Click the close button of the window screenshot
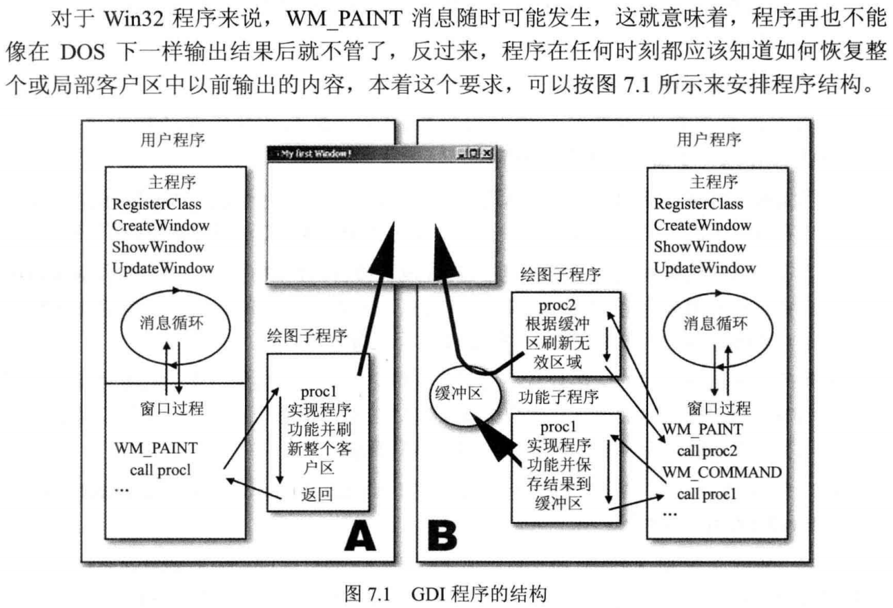[x=487, y=153]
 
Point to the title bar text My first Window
[x=316, y=153]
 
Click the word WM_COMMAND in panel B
[x=722, y=472]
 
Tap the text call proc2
[x=707, y=451]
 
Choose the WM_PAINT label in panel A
[x=156, y=448]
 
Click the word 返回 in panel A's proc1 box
[x=317, y=495]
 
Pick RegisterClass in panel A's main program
[x=157, y=204]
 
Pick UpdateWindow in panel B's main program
[x=705, y=268]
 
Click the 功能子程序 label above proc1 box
[x=559, y=397]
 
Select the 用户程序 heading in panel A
[x=173, y=140]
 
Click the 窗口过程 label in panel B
[x=719, y=408]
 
